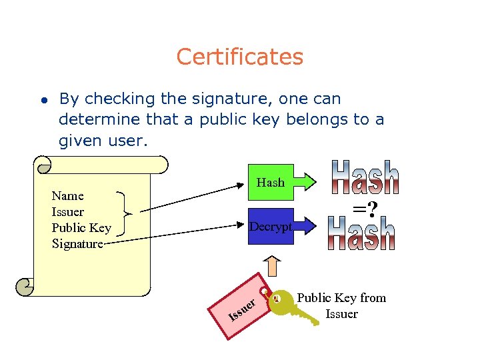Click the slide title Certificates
tap(239, 57)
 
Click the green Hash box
tap(271, 182)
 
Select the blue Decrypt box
tap(271, 227)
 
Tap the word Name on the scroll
tap(68, 195)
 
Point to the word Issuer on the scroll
tap(68, 212)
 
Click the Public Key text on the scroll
tap(81, 228)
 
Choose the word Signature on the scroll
tap(77, 244)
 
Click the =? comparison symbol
tap(365, 210)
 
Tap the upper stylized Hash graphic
tap(366, 177)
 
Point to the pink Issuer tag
tap(243, 307)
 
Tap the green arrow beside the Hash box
tap(308, 182)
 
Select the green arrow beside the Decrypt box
tap(307, 227)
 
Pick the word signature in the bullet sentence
tap(231, 99)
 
